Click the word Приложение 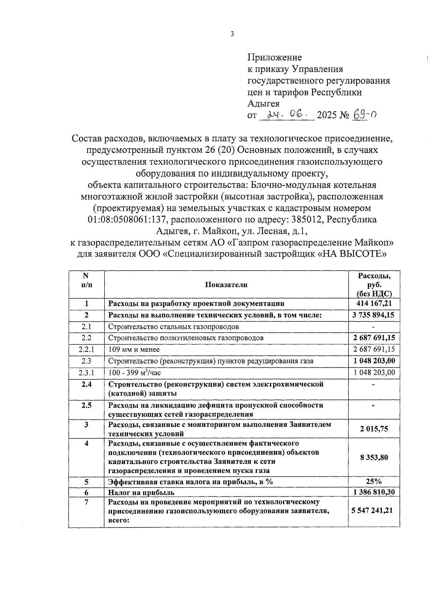[274, 57]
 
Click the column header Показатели [226, 285]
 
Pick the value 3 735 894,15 [374, 315]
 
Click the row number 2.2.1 [86, 349]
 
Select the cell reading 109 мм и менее [134, 349]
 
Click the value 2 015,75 [374, 429]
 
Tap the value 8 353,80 [374, 457]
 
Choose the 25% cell [374, 481]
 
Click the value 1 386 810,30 [374, 492]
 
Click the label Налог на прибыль [141, 493]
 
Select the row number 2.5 [86, 405]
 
